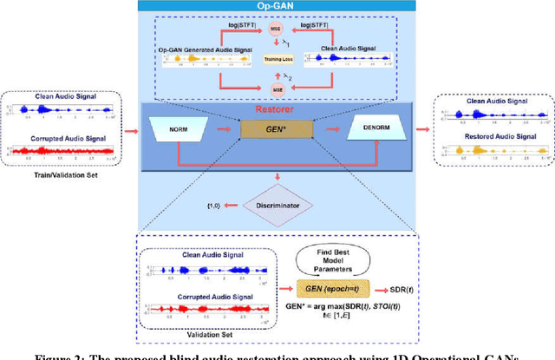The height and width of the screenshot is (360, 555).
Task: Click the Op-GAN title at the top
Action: pyautogui.click(x=278, y=5)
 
